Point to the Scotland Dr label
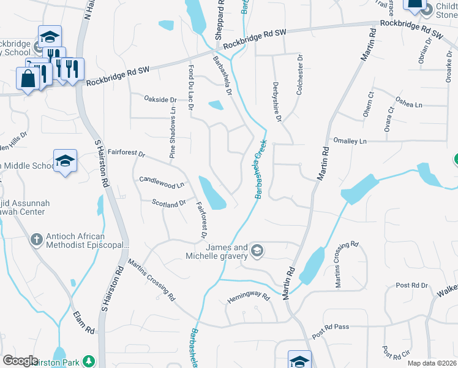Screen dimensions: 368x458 coord(169,203)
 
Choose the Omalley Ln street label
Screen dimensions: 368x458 coord(349,141)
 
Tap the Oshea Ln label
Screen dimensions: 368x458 coord(408,105)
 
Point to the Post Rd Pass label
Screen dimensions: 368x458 coord(330,331)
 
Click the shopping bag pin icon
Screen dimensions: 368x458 coord(28,79)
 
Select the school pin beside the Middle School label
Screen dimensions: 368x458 coord(65,161)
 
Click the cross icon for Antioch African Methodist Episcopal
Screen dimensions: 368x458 coord(37,240)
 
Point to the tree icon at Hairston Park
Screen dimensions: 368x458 coord(89,361)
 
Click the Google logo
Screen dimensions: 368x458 coord(20,361)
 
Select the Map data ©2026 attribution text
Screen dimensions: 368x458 coord(432,363)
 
